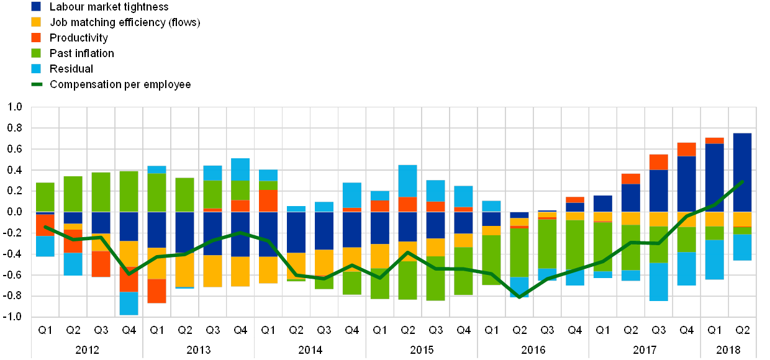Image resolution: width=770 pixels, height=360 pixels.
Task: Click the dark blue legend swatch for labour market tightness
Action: (36, 6)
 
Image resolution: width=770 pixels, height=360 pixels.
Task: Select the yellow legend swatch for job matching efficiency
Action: (36, 22)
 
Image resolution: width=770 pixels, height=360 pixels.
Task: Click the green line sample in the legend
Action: (36, 84)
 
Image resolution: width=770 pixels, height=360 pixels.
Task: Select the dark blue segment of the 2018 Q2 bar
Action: (742, 172)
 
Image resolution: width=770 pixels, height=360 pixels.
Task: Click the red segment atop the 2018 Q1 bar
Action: (714, 140)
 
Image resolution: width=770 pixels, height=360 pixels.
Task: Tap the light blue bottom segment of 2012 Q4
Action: (129, 303)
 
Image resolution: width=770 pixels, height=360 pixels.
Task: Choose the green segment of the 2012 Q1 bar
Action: (45, 197)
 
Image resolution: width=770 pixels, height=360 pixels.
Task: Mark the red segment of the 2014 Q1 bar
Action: (268, 200)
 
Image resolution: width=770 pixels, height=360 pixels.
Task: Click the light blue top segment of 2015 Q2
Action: (407, 181)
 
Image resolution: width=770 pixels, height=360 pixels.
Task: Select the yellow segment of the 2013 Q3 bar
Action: (212, 271)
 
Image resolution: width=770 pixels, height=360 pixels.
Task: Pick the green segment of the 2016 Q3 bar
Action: (546, 243)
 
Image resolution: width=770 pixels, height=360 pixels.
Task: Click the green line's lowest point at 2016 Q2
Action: (519, 297)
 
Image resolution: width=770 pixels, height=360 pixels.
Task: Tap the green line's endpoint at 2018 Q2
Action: (743, 182)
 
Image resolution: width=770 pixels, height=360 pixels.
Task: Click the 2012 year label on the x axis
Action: (87, 349)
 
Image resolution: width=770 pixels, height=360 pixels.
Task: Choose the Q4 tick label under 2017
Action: (686, 330)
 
